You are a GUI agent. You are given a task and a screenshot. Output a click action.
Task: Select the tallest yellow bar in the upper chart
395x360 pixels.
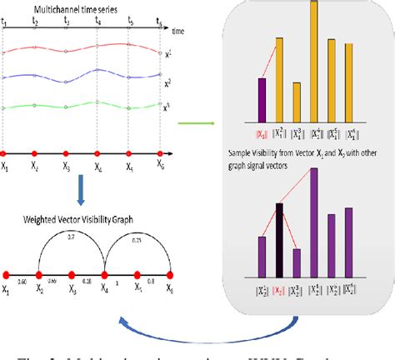pyautogui.click(x=314, y=58)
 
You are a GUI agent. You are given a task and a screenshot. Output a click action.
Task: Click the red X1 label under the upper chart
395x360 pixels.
pyautogui.click(x=260, y=132)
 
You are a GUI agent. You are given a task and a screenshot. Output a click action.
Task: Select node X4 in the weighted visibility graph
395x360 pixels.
pyautogui.click(x=105, y=273)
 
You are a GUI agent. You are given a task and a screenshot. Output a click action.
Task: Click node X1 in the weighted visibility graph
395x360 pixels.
pyautogui.click(x=6, y=273)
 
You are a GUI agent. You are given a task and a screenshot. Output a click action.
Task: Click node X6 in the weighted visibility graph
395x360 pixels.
pyautogui.click(x=170, y=273)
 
